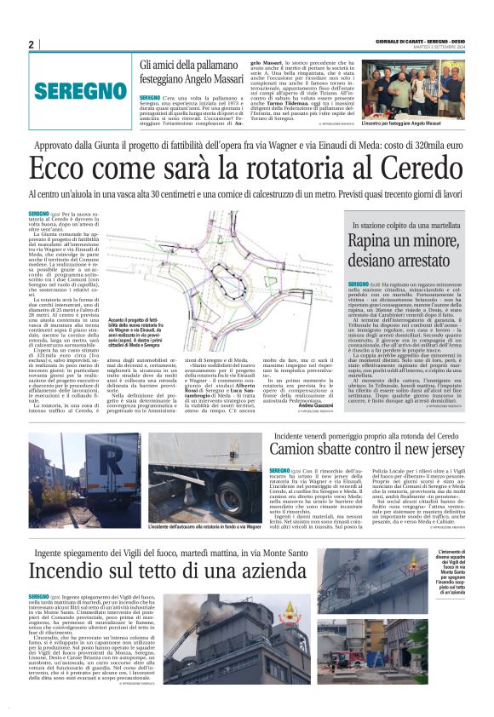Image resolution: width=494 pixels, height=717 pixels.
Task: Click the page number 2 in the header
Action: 31,44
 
